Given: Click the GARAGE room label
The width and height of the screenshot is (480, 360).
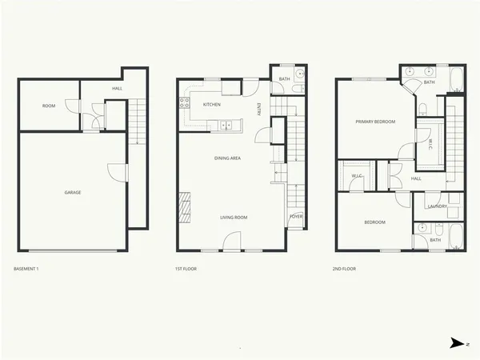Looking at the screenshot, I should click(73, 192).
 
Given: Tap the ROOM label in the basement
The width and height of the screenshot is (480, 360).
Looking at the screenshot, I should click(49, 105).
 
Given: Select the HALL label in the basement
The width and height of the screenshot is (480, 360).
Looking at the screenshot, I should click(117, 88).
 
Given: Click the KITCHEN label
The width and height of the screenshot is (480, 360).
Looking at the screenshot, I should click(212, 105).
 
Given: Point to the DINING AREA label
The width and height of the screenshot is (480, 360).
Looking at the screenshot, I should click(227, 158).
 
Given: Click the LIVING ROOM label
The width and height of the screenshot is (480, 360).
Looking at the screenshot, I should click(234, 217).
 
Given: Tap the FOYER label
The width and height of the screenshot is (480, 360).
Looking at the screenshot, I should click(295, 216).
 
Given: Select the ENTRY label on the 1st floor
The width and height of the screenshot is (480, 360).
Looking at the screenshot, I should click(259, 110).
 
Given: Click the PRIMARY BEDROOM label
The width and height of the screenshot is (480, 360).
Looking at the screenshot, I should click(376, 122).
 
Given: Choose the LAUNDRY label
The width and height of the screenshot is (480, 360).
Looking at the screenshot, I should click(436, 206).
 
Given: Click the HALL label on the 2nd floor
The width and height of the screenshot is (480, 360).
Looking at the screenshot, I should click(416, 178).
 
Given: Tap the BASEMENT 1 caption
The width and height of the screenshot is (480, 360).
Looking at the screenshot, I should click(26, 269).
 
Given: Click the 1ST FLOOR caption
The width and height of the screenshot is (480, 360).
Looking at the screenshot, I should click(186, 269).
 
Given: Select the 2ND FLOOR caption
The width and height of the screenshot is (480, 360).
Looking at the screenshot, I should click(344, 269).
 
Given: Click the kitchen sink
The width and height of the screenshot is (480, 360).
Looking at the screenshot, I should click(226, 124).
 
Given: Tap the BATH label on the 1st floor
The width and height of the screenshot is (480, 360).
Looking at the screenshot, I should click(284, 78).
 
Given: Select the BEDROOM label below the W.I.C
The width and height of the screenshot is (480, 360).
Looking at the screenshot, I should click(375, 222).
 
